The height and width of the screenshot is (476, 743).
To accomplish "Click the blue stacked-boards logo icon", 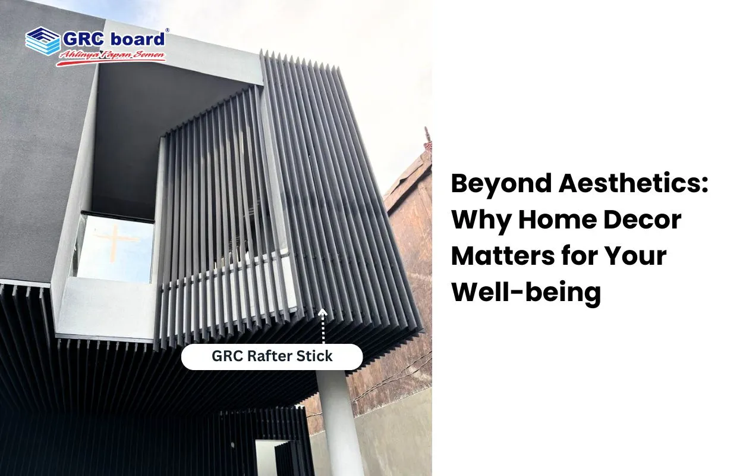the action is coord(43,41).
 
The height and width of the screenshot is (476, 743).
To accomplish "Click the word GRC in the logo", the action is coord(84,39).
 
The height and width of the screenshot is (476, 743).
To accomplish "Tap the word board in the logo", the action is coord(138,39).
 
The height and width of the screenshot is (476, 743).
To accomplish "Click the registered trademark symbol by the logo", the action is coord(167,30).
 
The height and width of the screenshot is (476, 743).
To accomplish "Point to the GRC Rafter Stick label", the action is coord(272,357).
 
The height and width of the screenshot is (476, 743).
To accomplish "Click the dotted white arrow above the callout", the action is coord(323,326).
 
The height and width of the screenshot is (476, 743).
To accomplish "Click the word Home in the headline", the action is coord(558,220).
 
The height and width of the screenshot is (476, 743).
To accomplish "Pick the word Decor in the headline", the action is coord(643,220).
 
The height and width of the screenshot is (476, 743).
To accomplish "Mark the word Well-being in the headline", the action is coord(526,293).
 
